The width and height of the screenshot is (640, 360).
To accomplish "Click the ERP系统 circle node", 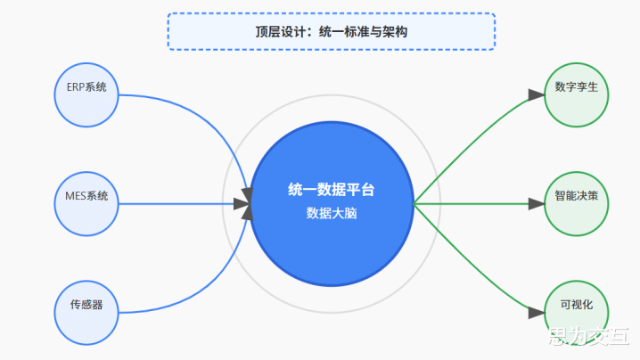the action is click(x=86, y=95).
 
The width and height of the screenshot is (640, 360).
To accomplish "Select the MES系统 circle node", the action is click(x=86, y=204).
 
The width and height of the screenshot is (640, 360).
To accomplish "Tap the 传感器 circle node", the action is click(x=86, y=313).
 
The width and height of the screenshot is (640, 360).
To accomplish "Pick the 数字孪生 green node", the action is click(x=577, y=95).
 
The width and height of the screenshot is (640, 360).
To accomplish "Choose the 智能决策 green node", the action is click(x=577, y=204).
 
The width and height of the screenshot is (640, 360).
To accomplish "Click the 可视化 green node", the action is click(x=577, y=313).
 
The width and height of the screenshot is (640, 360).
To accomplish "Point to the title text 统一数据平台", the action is click(x=332, y=190).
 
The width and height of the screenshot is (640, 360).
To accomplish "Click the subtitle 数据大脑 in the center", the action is click(x=332, y=213).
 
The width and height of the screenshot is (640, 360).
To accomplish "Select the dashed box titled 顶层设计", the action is click(x=332, y=31).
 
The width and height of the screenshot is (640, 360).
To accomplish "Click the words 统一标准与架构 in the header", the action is click(x=363, y=32).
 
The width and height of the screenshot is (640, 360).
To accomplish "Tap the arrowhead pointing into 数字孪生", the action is click(x=537, y=94).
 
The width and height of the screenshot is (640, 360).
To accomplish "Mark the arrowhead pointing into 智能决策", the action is click(x=537, y=204).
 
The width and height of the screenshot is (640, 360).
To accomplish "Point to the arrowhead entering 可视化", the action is click(x=537, y=313).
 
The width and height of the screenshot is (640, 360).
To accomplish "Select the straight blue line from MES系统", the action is click(x=176, y=204).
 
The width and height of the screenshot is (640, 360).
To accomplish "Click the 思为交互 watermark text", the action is click(x=588, y=336).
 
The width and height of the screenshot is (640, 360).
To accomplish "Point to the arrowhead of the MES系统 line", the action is click(x=242, y=204).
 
